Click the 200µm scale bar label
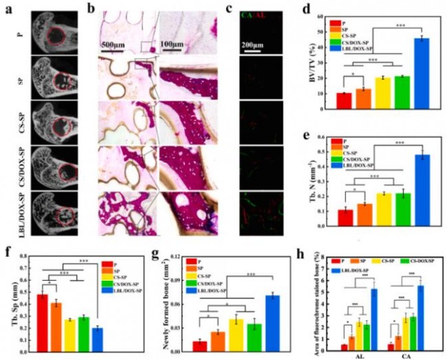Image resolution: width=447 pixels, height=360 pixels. coord(259,38)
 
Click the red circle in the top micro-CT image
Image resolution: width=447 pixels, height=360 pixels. coord(58,34)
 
